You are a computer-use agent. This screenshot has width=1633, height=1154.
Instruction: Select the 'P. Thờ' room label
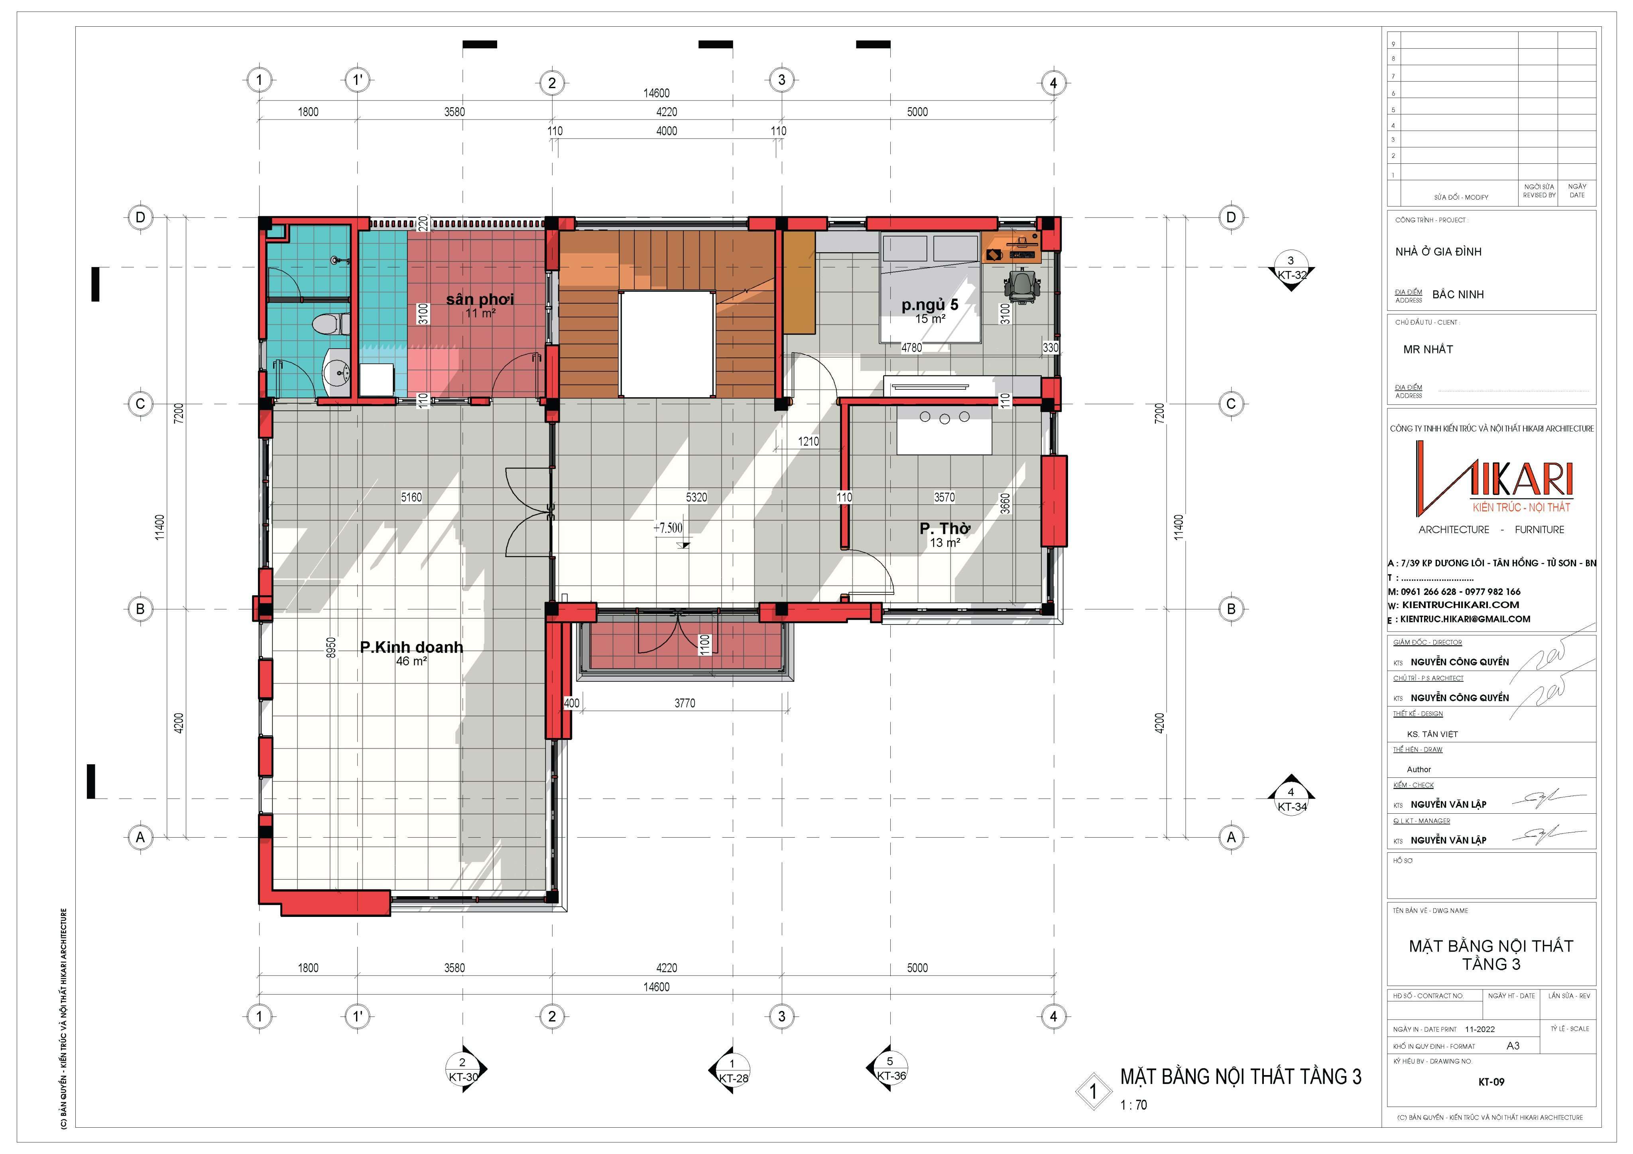coord(944,528)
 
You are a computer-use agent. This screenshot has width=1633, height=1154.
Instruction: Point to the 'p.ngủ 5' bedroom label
coord(930,305)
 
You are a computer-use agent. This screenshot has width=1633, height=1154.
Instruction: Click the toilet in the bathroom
coord(331,324)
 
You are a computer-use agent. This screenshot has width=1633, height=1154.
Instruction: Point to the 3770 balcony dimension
coord(684,703)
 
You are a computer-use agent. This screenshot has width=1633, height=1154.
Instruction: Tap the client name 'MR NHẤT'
coord(1427,349)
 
